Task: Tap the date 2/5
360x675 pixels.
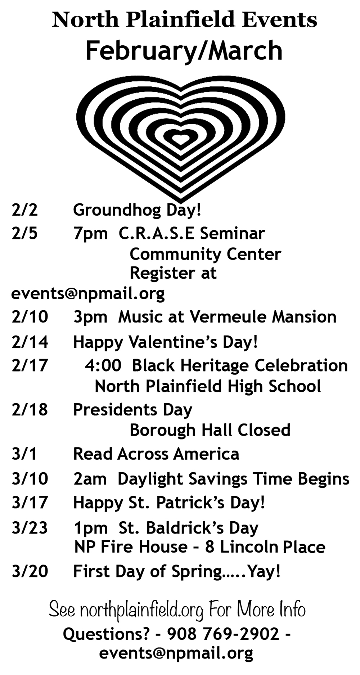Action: point(24,234)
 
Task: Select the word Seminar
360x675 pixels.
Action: point(233,234)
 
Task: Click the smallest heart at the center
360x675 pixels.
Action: point(181,138)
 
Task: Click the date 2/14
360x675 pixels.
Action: point(30,342)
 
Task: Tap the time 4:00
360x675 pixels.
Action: point(103,366)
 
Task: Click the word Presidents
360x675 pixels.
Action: point(115,410)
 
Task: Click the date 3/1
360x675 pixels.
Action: point(24,454)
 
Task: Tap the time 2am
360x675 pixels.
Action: point(90,480)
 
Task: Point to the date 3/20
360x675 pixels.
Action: point(30,571)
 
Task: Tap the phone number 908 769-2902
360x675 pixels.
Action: point(223,634)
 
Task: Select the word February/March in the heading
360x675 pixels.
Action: point(184,51)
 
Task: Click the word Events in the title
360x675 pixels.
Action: point(279,20)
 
